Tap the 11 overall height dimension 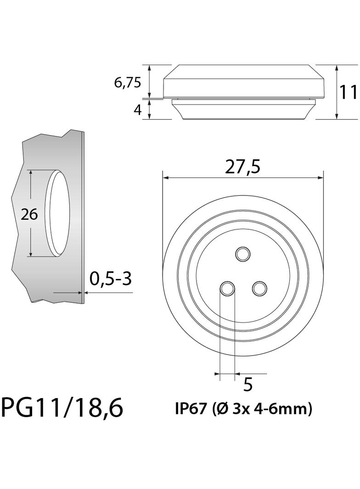(349, 92)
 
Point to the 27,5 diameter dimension (242, 167)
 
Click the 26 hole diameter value (29, 214)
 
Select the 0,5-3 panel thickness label (110, 278)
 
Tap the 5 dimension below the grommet (247, 384)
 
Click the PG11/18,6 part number (62, 407)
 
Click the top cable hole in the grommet (242, 253)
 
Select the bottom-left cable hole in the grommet (227, 289)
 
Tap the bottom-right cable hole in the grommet (259, 289)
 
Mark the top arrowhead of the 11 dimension (337, 67)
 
